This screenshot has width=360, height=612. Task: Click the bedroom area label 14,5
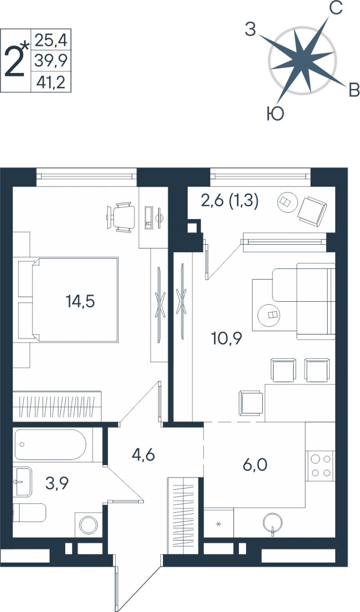(x=80, y=301)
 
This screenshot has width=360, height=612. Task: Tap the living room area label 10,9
(x=227, y=339)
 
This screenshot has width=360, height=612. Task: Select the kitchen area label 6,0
(x=255, y=465)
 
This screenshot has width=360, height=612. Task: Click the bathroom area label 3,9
(x=57, y=483)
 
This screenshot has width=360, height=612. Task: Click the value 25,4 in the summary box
(x=51, y=40)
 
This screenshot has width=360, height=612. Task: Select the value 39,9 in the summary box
(x=51, y=60)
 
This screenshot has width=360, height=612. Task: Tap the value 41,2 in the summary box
(x=51, y=82)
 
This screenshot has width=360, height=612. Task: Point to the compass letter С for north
(x=336, y=8)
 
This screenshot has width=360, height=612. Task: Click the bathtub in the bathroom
(x=50, y=445)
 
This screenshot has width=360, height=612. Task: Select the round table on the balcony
(x=287, y=202)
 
